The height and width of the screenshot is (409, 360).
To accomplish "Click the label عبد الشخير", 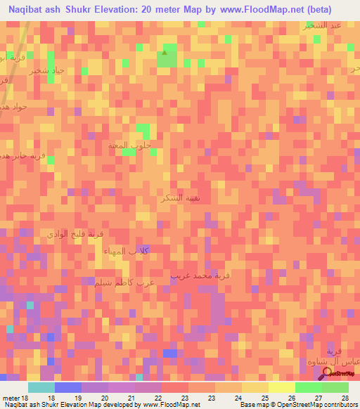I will coord(321,25).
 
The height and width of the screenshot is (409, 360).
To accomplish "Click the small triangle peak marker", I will coord(165,51).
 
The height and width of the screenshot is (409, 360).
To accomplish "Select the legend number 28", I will coord(345,398).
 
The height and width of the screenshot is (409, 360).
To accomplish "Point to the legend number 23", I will coord(184,398).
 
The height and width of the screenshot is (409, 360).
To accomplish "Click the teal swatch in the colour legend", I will coord(41,387).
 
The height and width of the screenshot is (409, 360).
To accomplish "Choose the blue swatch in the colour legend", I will coord(67,387).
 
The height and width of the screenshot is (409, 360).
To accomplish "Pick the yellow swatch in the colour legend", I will coord(281,387).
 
